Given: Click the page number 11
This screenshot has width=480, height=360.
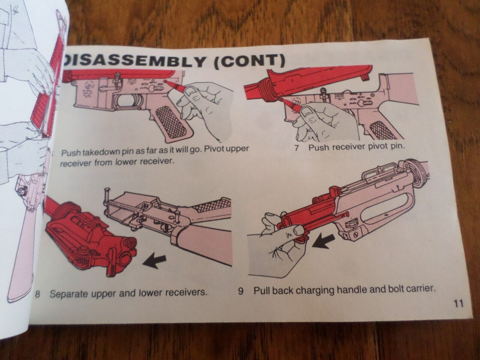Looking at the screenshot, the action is (458, 304).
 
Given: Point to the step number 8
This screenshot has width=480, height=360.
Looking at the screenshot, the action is (38, 294).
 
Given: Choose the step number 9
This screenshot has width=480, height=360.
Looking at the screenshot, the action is (240, 291).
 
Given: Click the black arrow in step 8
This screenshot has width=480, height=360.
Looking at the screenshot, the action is (154, 260).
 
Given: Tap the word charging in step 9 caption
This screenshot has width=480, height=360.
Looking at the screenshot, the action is (316, 291).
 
